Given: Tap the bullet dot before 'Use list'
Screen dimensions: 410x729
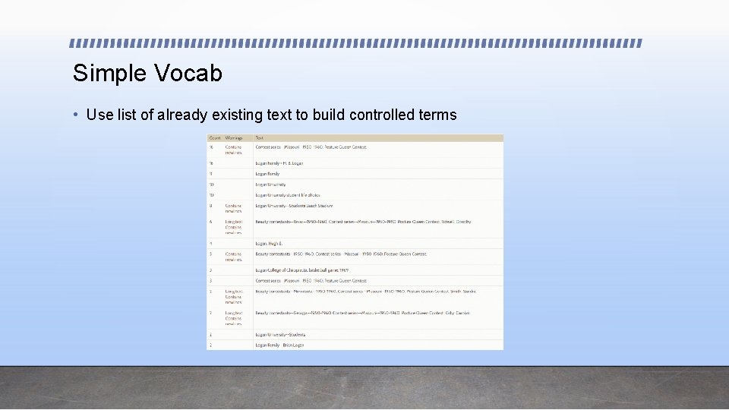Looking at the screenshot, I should [76, 115].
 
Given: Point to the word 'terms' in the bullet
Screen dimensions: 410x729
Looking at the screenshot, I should [437, 115].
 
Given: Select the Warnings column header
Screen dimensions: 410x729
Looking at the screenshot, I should [233, 138].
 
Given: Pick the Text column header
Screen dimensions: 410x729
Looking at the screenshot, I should [260, 138].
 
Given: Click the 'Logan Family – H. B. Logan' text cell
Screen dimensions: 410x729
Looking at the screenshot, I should [279, 163].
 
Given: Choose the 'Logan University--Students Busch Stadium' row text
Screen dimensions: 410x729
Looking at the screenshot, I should [294, 206].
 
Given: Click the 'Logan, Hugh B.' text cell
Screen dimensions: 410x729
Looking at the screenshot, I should [269, 244].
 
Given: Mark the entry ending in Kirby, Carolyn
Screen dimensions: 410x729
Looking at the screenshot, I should [362, 313].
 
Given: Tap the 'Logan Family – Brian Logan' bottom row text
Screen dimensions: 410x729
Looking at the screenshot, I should [279, 345].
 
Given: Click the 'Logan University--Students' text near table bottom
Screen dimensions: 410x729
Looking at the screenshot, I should [281, 335].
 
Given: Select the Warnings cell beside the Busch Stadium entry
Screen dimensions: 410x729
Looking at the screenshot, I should [234, 208].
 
